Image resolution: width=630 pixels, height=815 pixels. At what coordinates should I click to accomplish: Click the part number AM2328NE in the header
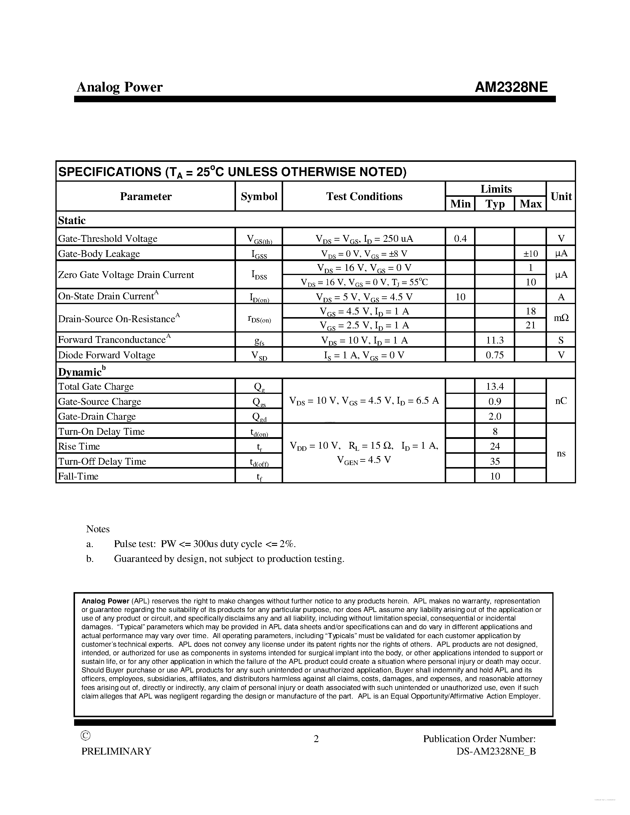[511, 87]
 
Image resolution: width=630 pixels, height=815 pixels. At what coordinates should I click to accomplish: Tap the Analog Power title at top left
[119, 87]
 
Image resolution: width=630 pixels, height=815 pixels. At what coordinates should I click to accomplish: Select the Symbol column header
[259, 196]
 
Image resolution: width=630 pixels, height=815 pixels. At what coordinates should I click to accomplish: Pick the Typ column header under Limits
[495, 204]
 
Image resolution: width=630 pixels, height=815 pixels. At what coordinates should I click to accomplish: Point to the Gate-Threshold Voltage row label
[108, 239]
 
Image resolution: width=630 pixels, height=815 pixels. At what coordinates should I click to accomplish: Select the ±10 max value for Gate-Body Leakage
[530, 254]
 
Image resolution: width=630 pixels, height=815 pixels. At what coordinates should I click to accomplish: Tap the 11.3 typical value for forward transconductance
[495, 340]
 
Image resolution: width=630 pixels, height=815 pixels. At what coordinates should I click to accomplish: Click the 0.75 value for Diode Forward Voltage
[495, 355]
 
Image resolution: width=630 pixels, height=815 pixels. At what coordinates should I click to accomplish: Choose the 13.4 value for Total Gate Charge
[495, 386]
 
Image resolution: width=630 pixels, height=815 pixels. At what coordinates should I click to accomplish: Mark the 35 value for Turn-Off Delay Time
[495, 461]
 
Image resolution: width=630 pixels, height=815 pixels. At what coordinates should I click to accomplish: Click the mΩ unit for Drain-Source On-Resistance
[561, 318]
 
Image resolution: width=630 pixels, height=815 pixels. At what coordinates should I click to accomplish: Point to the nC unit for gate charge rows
[561, 401]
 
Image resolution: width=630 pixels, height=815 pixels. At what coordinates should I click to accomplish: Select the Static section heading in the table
[72, 220]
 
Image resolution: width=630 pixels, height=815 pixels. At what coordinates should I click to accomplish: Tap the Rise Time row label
[79, 446]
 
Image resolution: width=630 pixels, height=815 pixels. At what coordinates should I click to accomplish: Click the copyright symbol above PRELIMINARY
[85, 736]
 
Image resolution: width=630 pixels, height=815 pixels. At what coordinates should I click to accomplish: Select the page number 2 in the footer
[316, 739]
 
